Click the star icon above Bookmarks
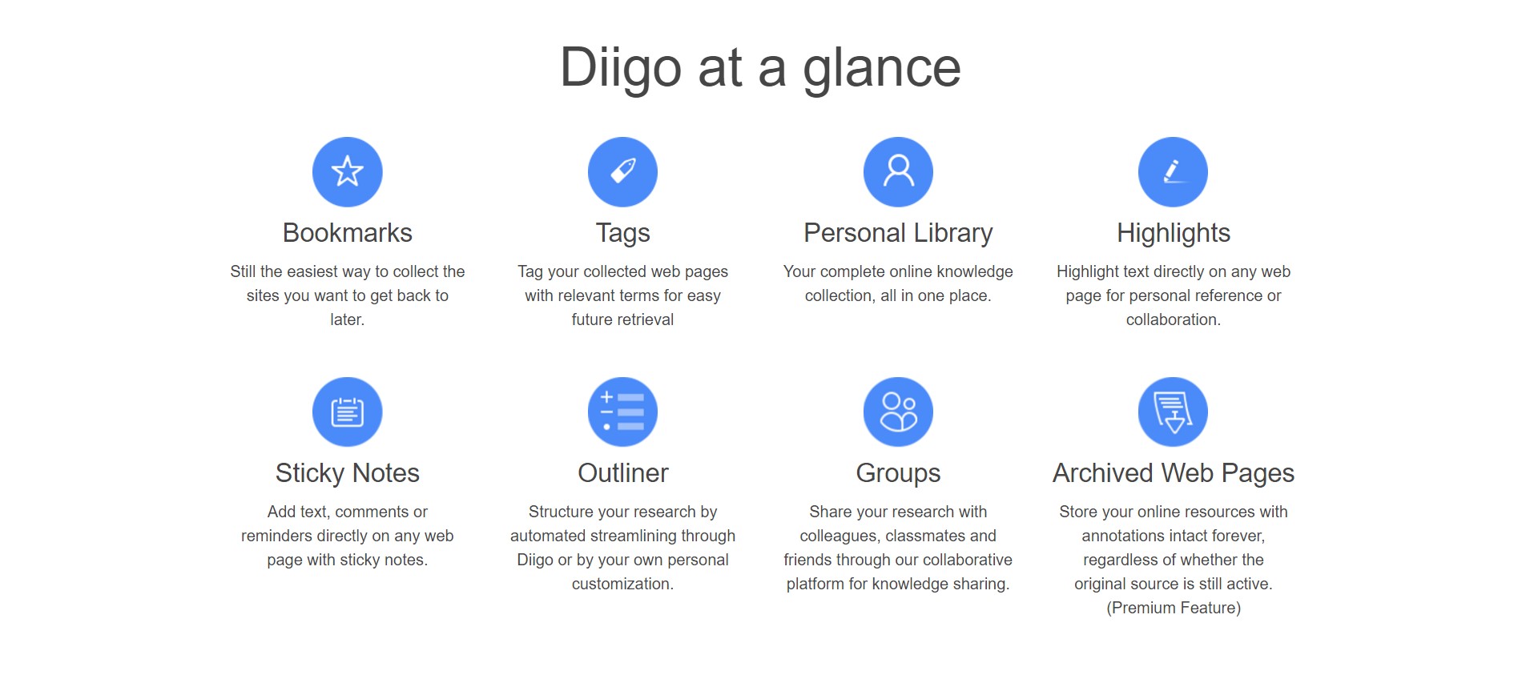click(x=347, y=171)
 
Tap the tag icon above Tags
click(x=622, y=171)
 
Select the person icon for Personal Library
click(x=898, y=171)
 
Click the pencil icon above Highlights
click(x=1173, y=171)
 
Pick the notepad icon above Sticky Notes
click(x=347, y=412)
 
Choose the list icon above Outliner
click(x=622, y=412)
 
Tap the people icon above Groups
click(x=898, y=412)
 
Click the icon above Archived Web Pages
click(x=1173, y=412)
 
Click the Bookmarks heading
click(x=348, y=233)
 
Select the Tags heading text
click(x=622, y=234)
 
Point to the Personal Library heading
click(x=898, y=234)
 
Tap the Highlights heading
click(x=1174, y=234)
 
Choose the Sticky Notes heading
click(x=348, y=474)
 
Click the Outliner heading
click(x=623, y=473)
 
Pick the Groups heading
click(x=898, y=474)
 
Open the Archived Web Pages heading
click(x=1174, y=474)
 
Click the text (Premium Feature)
click(x=1174, y=608)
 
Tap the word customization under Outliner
click(x=622, y=584)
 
